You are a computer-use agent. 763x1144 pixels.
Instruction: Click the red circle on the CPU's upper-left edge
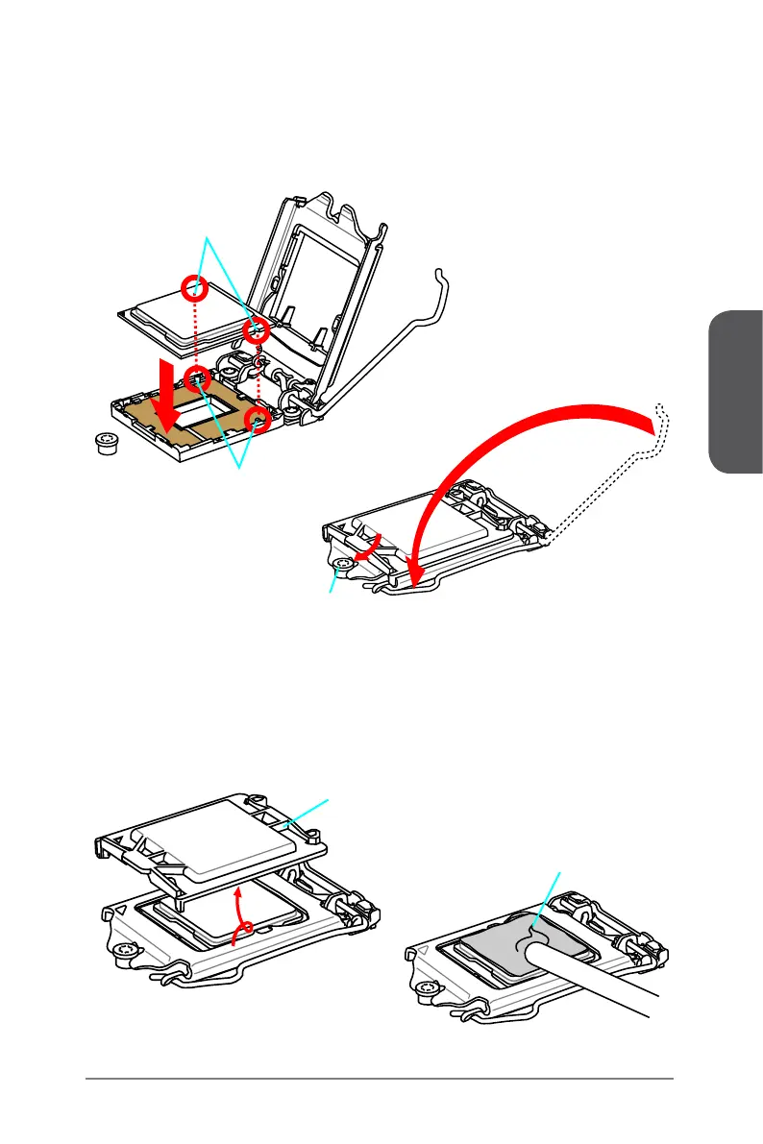click(196, 285)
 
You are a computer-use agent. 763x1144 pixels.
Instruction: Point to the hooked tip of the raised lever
click(441, 276)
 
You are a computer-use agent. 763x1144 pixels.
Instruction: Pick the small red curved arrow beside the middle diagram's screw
click(369, 548)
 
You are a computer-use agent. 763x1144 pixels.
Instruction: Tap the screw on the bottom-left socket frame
click(122, 952)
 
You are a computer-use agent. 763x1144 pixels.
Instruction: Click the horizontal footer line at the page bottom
click(380, 1079)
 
